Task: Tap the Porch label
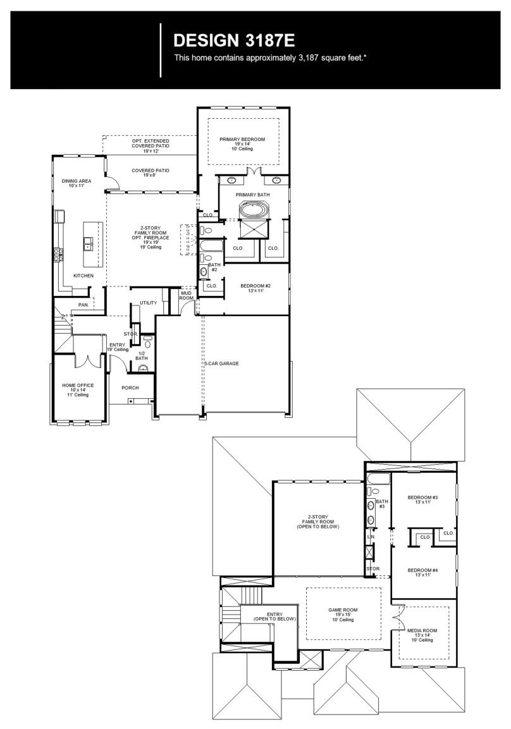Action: (130, 388)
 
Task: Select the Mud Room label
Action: (187, 295)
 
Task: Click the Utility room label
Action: (149, 303)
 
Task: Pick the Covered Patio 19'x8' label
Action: (151, 173)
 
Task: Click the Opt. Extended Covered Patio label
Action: (151, 145)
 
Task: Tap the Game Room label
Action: (343, 614)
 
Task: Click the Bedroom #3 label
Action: (423, 500)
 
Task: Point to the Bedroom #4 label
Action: (423, 572)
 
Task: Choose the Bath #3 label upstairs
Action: (381, 504)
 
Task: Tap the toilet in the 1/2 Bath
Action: (148, 345)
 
